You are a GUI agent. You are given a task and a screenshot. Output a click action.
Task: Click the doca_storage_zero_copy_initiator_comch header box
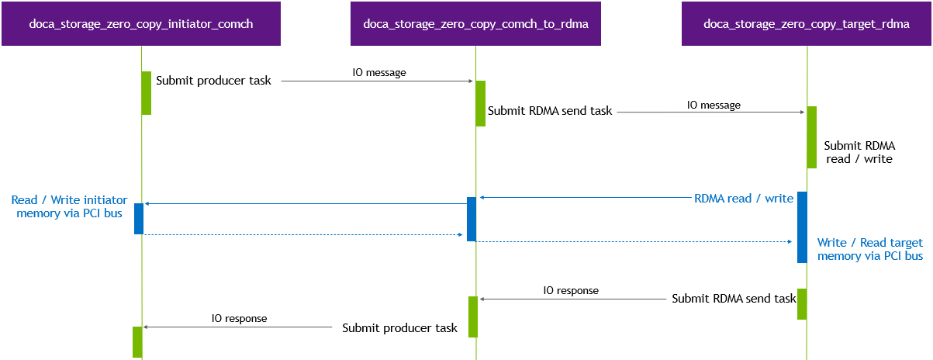[141, 23]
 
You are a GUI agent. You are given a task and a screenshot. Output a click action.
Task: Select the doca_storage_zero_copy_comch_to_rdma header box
[475, 23]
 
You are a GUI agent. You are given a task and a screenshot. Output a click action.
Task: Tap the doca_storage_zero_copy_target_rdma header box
[807, 23]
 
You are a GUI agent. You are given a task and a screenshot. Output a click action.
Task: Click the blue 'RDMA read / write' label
[743, 199]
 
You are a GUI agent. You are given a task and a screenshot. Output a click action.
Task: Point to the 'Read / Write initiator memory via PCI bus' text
[69, 206]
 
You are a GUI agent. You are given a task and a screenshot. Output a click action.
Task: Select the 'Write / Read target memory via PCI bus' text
[869, 249]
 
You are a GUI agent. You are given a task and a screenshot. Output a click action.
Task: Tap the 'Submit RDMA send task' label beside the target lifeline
[734, 298]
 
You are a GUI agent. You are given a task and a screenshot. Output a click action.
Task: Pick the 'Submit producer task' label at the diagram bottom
[399, 328]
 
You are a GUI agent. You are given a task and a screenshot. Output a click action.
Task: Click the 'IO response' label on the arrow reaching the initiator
[239, 318]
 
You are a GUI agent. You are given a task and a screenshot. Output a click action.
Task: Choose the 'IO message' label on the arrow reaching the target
[713, 105]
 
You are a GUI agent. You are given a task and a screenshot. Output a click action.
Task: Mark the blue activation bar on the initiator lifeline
[139, 218]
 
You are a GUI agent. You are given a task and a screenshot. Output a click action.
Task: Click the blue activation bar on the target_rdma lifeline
[802, 227]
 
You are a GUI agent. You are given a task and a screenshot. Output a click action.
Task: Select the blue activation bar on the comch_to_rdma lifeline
[471, 219]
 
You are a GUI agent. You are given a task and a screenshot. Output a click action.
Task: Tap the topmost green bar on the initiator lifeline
[146, 92]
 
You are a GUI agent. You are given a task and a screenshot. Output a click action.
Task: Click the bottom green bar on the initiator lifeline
[137, 341]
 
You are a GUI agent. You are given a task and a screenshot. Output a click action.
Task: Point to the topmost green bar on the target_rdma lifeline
[811, 137]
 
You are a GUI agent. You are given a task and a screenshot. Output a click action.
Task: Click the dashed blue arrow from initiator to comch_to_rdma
[302, 234]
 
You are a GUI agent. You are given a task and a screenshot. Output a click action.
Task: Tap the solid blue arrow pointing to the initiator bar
[302, 204]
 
